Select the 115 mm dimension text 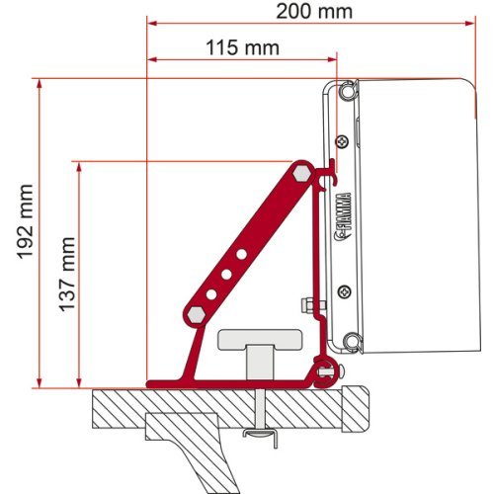(242, 47)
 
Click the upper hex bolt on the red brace (300, 172)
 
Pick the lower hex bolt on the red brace (195, 313)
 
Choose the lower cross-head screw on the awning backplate (342, 290)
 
